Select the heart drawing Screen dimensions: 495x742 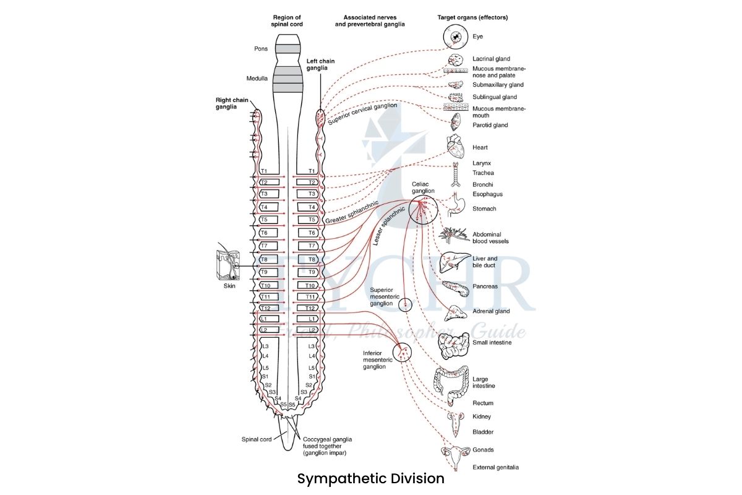(456, 147)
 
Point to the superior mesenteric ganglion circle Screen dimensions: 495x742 (405, 304)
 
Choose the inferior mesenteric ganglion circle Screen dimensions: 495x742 (403, 353)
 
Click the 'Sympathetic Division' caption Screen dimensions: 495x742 (370, 479)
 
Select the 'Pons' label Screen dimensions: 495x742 (260, 48)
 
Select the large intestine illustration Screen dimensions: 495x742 (450, 381)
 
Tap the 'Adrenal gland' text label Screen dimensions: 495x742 (491, 311)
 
